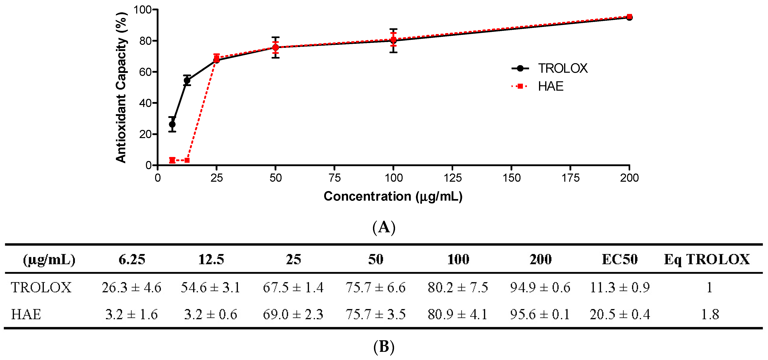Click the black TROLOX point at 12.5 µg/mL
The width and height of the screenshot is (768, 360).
(x=187, y=80)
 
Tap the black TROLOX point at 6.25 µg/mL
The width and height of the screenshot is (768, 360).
(x=172, y=124)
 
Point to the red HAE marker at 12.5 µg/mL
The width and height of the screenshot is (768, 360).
(x=187, y=160)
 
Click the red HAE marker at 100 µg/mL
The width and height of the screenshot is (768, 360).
(x=393, y=39)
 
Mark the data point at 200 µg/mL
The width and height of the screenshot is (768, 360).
(x=629, y=17)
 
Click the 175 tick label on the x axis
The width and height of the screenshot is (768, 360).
(x=570, y=178)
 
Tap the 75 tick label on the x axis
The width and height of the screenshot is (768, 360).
(x=335, y=178)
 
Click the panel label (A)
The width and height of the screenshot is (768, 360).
(x=384, y=227)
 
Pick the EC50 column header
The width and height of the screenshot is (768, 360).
(x=619, y=259)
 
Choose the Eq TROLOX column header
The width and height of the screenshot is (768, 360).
(x=707, y=259)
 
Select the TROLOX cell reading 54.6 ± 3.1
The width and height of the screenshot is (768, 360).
(x=210, y=287)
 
